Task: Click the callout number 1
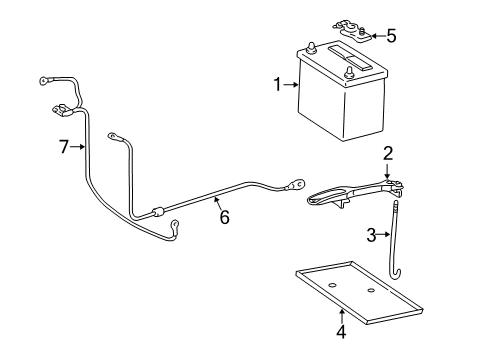point(278,86)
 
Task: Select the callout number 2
point(387,153)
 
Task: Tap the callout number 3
point(370,236)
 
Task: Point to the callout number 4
point(341,332)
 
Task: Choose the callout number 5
point(391,37)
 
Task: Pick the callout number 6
point(224,217)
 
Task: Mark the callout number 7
point(64,147)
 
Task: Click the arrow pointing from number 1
point(292,86)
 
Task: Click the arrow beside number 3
point(384,236)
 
